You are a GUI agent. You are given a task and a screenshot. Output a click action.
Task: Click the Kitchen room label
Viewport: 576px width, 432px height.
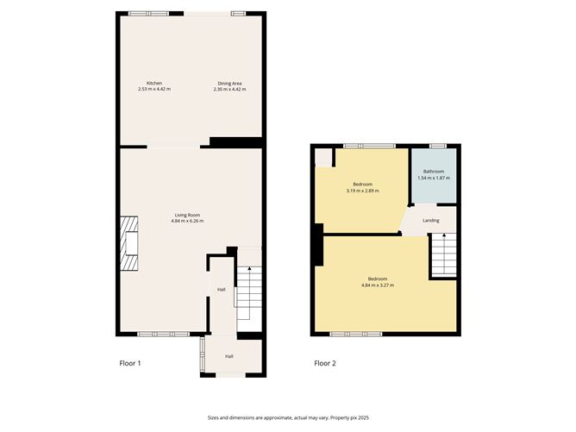154,84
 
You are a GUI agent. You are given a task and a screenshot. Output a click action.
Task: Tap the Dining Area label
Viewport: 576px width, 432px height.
229,84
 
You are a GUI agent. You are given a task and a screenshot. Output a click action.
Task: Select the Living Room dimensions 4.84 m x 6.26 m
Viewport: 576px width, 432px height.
187,221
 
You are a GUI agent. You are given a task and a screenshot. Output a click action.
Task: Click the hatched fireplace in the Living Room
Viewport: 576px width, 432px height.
129,243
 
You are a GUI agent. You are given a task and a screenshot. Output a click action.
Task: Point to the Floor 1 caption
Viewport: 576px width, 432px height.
130,363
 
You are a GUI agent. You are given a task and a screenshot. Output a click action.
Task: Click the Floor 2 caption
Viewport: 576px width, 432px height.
325,363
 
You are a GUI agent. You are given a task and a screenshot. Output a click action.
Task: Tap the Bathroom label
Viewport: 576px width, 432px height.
434,172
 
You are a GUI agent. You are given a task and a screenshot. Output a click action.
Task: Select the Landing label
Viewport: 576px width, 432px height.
431,221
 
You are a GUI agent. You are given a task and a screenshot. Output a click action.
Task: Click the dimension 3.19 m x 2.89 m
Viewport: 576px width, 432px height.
362,191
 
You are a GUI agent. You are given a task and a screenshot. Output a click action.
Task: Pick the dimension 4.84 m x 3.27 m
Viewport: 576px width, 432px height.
378,285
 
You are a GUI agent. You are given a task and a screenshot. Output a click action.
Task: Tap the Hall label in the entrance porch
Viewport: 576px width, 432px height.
229,356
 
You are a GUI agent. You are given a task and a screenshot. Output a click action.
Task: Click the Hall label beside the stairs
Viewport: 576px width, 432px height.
221,290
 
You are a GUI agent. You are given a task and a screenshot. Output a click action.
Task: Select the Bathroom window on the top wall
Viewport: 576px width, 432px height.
438,147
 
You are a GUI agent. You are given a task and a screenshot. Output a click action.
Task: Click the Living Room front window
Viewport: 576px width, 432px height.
163,334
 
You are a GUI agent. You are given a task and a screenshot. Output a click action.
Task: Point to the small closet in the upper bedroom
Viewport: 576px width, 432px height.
323,158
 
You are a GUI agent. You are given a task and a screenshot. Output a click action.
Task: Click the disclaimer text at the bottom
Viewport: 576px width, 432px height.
288,417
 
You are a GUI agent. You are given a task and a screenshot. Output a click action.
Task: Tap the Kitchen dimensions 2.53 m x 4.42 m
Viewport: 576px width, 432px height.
154,90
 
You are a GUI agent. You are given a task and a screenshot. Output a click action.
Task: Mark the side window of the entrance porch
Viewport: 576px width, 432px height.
202,354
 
